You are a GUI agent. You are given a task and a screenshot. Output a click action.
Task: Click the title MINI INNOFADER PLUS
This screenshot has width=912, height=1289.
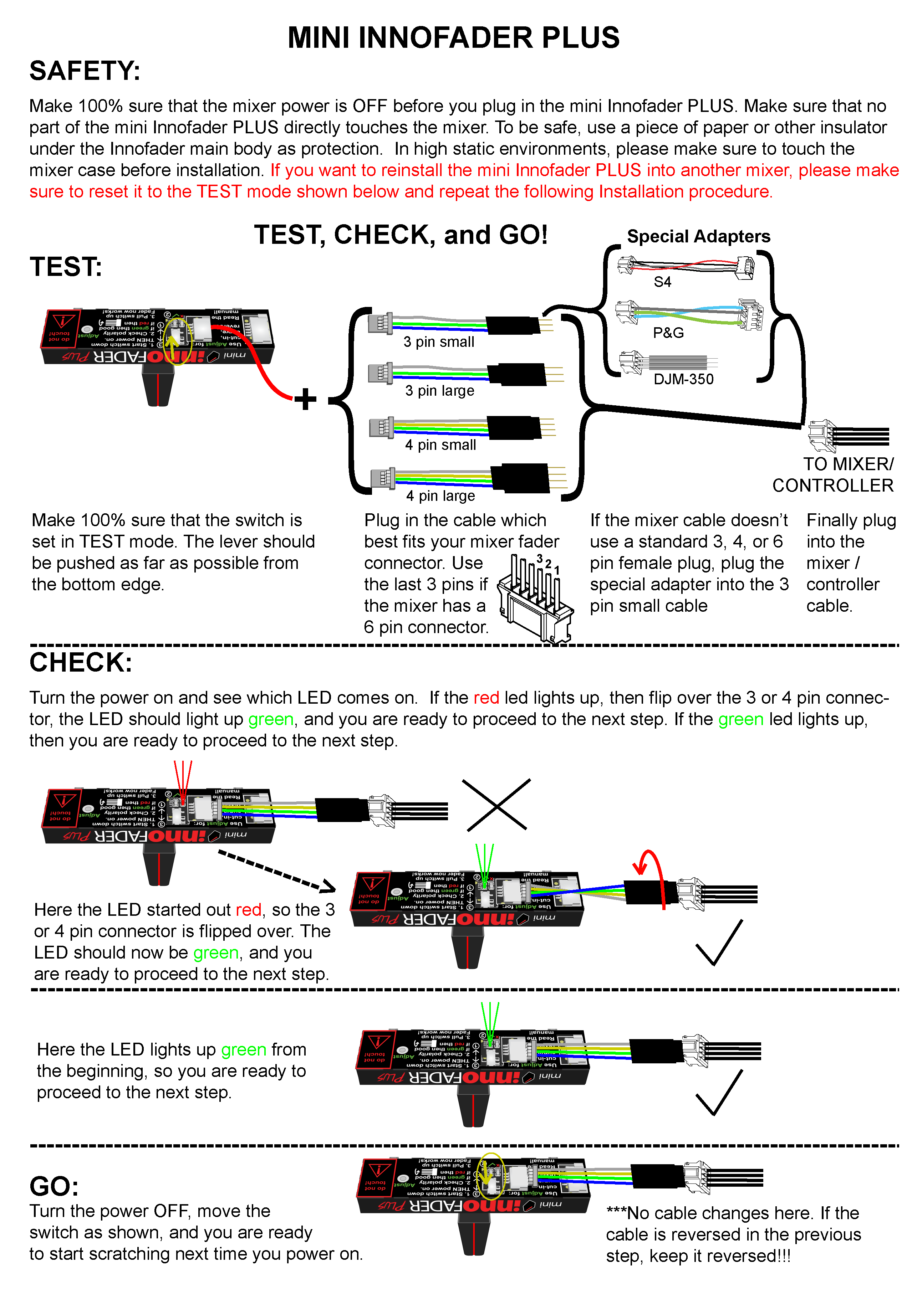tap(453, 38)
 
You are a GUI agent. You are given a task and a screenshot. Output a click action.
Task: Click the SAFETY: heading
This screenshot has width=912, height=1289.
tap(85, 71)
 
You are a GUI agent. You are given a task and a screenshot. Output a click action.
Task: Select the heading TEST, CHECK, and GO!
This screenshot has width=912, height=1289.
tap(401, 235)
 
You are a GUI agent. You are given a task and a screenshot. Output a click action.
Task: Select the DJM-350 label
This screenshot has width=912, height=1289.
tap(683, 379)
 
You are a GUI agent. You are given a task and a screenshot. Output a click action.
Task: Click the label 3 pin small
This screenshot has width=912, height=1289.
tap(439, 342)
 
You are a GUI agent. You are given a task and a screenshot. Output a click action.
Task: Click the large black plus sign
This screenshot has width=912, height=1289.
tap(306, 399)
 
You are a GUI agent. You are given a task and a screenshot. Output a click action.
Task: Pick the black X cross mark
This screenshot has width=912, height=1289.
tap(496, 805)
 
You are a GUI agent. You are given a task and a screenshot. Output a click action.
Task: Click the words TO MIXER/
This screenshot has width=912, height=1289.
tap(848, 464)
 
